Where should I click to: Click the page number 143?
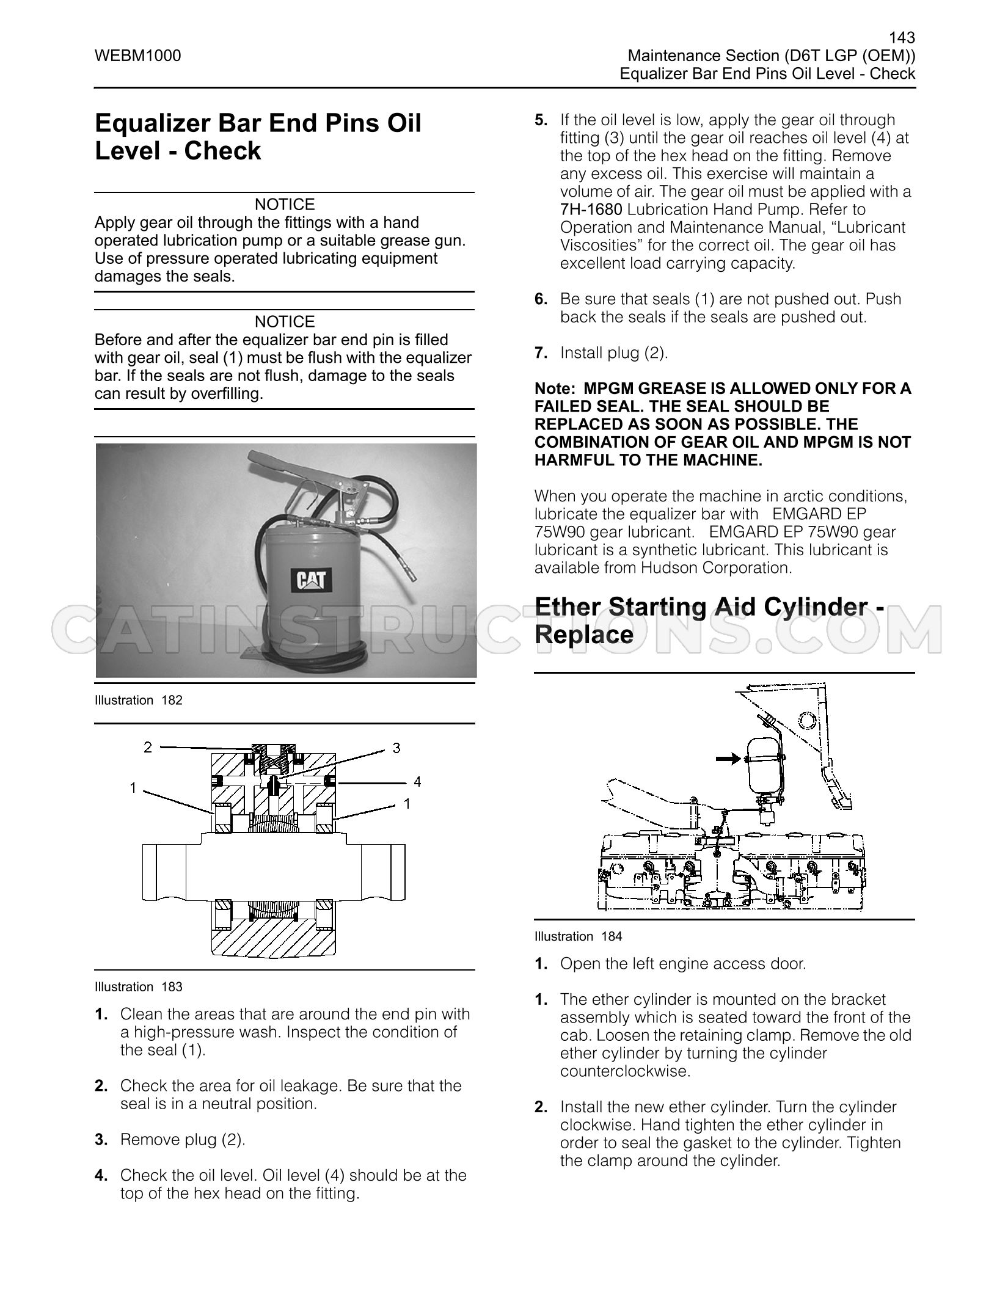pos(901,38)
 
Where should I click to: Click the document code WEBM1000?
pos(137,56)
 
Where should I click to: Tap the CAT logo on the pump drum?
pos(311,578)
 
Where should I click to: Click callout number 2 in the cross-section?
pos(147,746)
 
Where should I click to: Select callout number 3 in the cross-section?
pos(396,748)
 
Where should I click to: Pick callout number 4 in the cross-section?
pos(417,782)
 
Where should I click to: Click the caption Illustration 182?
pos(139,700)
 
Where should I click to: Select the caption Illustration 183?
pos(139,986)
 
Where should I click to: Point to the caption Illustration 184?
pos(579,936)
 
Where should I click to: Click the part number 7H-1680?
pos(591,210)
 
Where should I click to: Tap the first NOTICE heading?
pos(285,204)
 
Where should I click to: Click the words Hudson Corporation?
pos(716,567)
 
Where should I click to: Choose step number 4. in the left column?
pos(101,1175)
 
